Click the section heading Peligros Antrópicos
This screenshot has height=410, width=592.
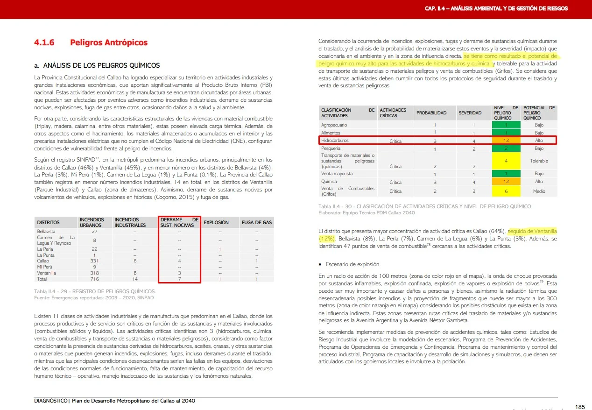[x=108, y=42]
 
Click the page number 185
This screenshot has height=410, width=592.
[x=579, y=407]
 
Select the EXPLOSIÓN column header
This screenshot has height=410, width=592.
[x=216, y=223]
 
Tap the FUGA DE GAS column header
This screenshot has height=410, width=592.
[x=256, y=223]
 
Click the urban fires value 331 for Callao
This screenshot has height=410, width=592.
[x=94, y=261]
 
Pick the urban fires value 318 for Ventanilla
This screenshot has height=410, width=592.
[x=94, y=273]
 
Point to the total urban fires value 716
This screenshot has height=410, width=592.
[x=94, y=279]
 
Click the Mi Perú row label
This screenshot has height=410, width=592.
[x=45, y=267]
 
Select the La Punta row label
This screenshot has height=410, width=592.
[x=46, y=255]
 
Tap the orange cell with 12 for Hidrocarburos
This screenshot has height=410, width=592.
[x=506, y=140]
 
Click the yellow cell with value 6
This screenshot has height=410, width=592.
[x=506, y=191]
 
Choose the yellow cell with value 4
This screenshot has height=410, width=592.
[x=506, y=161]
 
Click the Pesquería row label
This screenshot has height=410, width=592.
[x=331, y=148]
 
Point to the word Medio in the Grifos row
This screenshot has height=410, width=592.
[x=539, y=191]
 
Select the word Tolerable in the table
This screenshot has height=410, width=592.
[x=539, y=161]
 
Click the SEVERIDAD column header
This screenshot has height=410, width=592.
[x=470, y=113]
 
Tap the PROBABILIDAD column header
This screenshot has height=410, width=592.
[x=431, y=113]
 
